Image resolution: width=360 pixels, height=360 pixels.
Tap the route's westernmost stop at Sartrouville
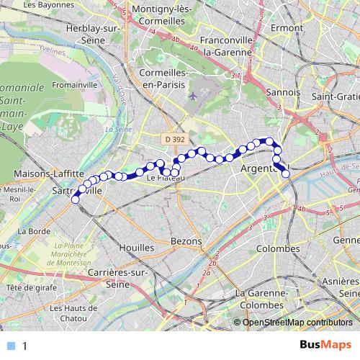(75, 201)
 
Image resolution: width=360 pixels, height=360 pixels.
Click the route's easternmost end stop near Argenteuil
(286, 172)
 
